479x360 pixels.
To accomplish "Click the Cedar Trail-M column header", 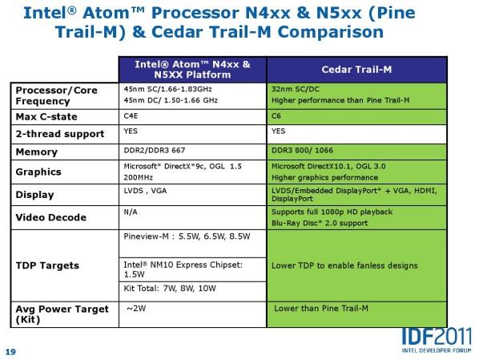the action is click(x=356, y=70).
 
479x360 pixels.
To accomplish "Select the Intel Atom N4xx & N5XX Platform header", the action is click(x=192, y=70).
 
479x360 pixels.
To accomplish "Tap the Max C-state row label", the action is click(x=46, y=117).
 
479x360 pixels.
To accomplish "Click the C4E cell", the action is click(x=192, y=117).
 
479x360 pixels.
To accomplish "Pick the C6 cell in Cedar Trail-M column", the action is click(x=356, y=117).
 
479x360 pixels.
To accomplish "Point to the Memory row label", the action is click(x=37, y=152).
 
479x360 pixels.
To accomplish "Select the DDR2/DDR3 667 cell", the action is click(x=192, y=152).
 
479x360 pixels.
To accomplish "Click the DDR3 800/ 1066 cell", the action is click(x=356, y=152).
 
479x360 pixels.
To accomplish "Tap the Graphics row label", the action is click(x=38, y=172).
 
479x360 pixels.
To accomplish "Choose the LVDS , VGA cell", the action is click(x=192, y=195).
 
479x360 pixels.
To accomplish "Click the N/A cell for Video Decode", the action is click(x=192, y=217).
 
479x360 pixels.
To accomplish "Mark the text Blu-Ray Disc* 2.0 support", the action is click(x=320, y=223).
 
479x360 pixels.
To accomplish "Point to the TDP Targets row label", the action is click(x=47, y=265).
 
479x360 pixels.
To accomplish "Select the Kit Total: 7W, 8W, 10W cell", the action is click(x=192, y=292).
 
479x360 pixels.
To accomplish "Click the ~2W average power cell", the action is click(x=192, y=314).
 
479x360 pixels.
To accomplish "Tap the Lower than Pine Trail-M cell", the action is click(x=356, y=314).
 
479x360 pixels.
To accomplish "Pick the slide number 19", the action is click(x=10, y=352).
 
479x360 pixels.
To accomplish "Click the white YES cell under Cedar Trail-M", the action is click(x=356, y=134).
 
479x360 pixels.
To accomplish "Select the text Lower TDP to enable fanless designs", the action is click(x=344, y=265).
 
